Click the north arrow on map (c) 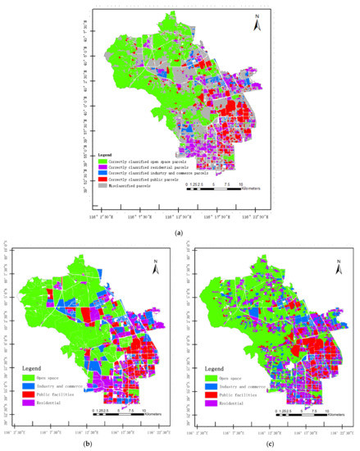point(338,266)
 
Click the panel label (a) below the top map point(179,233)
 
